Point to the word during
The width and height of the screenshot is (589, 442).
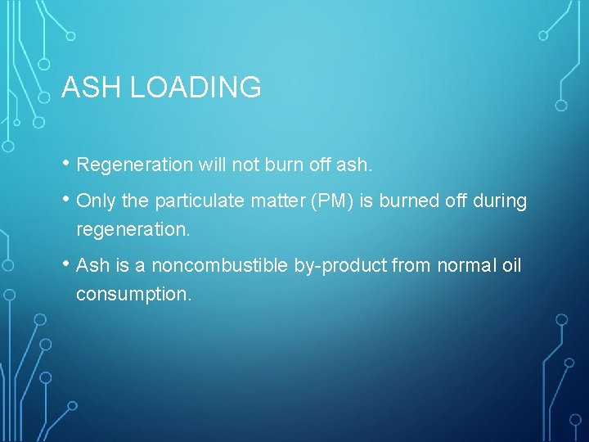500,201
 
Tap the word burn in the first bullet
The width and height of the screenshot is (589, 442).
283,165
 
